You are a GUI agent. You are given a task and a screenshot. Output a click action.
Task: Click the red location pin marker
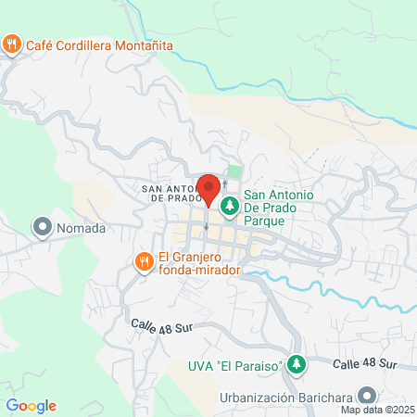(209, 188)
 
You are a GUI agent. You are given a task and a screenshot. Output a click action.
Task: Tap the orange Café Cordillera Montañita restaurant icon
(12, 44)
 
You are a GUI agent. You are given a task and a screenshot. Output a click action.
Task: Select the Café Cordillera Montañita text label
(91, 44)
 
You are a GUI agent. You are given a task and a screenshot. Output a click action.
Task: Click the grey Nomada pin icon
(42, 227)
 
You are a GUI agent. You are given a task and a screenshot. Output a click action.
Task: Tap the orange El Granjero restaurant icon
(144, 262)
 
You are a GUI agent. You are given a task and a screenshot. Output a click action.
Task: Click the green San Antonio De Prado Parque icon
(229, 204)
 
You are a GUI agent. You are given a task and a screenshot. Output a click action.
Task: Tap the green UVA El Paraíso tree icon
(296, 365)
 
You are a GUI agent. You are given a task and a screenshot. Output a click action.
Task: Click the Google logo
(31, 406)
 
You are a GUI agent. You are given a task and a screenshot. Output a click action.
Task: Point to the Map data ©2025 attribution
(377, 410)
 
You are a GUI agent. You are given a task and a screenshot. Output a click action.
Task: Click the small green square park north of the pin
(234, 172)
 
